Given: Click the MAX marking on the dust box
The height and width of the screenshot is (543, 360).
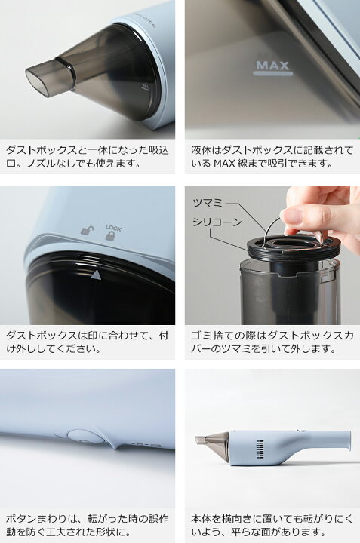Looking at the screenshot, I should tap(273, 65).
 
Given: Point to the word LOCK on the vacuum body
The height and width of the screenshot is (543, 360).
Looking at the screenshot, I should tap(113, 226).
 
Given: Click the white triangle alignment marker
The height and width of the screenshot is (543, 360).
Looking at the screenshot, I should tap(96, 275).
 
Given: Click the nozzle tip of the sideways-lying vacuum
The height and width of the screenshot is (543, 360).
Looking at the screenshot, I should tap(201, 439).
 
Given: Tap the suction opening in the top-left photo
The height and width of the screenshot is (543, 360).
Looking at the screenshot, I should tap(40, 77).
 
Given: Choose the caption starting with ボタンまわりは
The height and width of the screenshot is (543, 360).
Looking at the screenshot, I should tap(88, 525).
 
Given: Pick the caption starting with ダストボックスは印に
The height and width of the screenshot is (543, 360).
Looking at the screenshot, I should tap(88, 341).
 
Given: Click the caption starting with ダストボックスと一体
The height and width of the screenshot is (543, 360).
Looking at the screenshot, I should tap(88, 156).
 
